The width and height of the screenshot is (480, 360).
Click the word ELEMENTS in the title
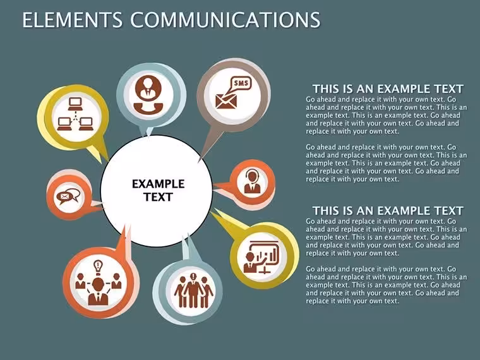click(x=72, y=20)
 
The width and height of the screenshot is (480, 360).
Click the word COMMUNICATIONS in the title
click(x=225, y=20)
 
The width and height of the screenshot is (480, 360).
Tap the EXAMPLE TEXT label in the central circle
click(x=159, y=190)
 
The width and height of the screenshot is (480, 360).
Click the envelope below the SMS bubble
click(x=226, y=101)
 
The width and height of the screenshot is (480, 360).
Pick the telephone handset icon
click(x=148, y=108)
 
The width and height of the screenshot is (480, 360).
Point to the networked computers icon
click(x=75, y=114)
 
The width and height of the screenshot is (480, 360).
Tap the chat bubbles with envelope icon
click(x=68, y=196)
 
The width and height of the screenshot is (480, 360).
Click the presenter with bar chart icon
click(x=261, y=257)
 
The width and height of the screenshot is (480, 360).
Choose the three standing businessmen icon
click(x=193, y=291)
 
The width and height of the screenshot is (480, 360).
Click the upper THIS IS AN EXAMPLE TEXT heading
click(x=388, y=89)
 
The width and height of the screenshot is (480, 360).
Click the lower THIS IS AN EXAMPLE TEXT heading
click(x=388, y=210)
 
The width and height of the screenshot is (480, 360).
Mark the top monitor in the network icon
click(x=75, y=104)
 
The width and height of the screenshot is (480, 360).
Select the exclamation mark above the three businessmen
click(x=193, y=277)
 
